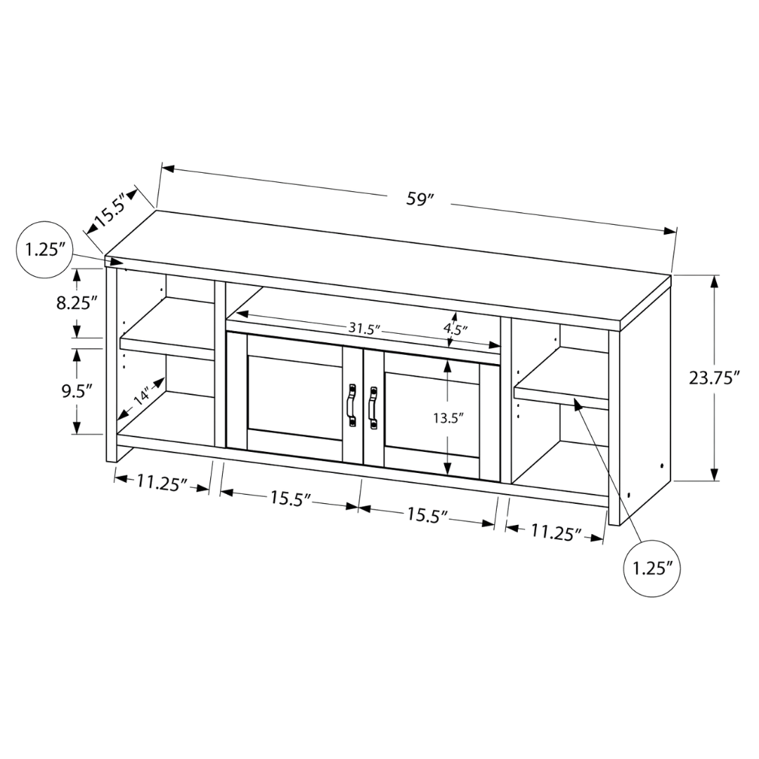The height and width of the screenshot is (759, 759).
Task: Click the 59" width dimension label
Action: point(419,200)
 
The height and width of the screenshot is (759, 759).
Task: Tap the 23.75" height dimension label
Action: point(715,378)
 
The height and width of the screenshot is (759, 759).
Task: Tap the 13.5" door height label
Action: point(448,417)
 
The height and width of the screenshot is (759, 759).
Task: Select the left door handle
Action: point(351,406)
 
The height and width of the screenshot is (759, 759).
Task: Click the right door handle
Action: point(372,408)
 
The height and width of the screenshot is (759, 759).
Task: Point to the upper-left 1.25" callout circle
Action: point(44,249)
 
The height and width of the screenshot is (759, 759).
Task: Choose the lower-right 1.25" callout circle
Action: point(652,568)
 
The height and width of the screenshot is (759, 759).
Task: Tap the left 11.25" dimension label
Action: point(162,483)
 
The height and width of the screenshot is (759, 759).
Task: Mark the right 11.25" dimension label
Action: point(556,532)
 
